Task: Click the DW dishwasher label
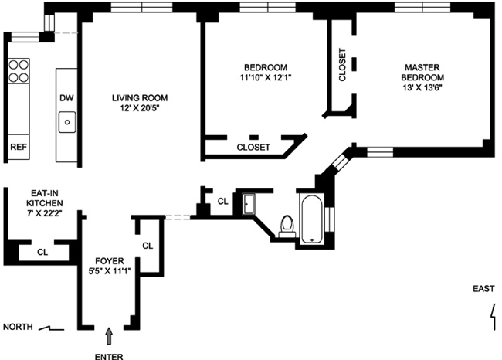point(66,98)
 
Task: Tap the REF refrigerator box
point(18,146)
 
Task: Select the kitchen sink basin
point(68,121)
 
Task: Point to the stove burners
point(18,71)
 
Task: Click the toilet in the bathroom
point(287,224)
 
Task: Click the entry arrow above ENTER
point(109,335)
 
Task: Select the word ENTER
point(108,357)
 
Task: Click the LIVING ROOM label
point(139,98)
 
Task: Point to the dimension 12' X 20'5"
point(139,109)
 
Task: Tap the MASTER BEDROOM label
point(423,72)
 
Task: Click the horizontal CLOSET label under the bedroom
point(253,147)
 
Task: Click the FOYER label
point(107,260)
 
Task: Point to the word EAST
point(484,289)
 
